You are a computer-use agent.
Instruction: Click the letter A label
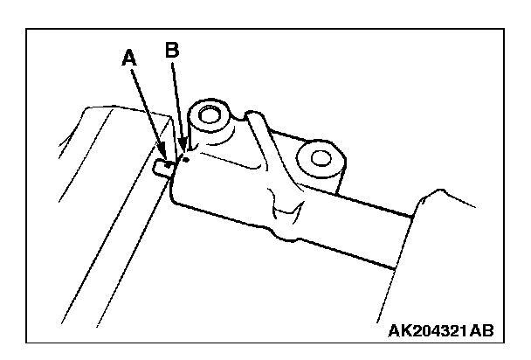click(129, 59)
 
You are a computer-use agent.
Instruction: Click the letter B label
click(172, 51)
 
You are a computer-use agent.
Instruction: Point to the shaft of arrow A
click(147, 108)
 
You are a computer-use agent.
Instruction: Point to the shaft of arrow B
click(178, 105)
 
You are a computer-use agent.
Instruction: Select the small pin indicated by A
click(162, 165)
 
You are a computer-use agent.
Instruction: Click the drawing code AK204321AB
click(438, 331)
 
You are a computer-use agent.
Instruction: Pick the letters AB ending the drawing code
click(483, 331)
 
